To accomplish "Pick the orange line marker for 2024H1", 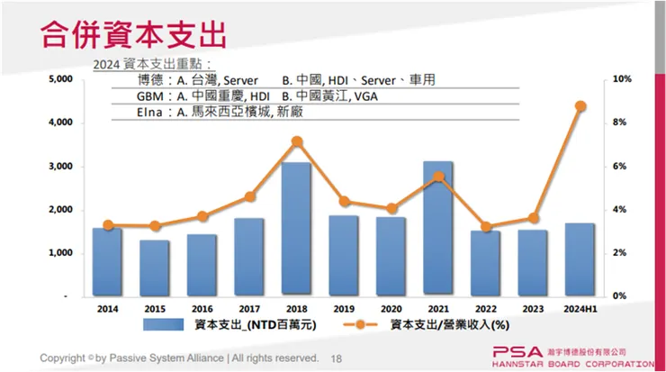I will (x=580, y=106).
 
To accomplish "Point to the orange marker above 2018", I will (x=296, y=141).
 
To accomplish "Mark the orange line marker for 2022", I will (x=485, y=227).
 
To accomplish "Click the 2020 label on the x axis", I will (x=391, y=307).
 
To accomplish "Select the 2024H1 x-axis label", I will (x=580, y=307).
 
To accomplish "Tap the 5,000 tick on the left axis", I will (x=59, y=79).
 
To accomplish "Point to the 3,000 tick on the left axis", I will (x=59, y=167).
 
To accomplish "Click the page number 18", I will (x=337, y=358).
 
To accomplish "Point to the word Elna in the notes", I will (x=151, y=113).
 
